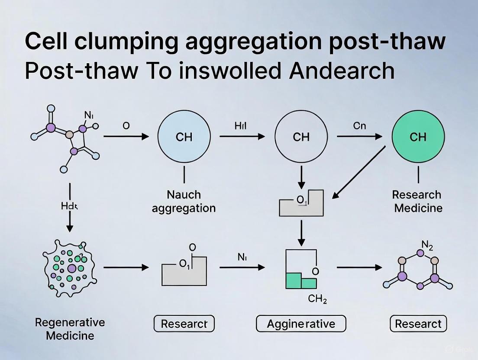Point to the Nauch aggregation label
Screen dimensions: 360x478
184,201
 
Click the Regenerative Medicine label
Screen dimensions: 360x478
70,329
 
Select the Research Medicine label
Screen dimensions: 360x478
418,201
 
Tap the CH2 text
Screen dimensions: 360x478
317,299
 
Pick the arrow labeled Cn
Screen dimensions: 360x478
359,137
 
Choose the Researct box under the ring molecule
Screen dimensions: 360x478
418,324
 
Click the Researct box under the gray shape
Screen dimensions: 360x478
184,324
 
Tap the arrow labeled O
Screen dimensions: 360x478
126,137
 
